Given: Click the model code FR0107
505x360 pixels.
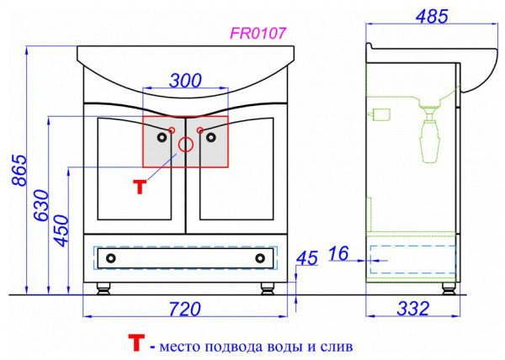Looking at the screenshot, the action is click(x=258, y=33).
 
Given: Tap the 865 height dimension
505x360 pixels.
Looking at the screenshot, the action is click(x=19, y=170).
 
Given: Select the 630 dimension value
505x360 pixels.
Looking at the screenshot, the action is click(x=41, y=205).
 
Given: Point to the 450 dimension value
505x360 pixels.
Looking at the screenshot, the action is click(x=61, y=230).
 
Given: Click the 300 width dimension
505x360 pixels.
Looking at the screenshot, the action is click(x=185, y=81).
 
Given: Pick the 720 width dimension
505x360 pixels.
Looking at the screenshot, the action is click(x=185, y=309).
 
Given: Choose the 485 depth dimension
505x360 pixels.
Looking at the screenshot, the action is click(x=432, y=17).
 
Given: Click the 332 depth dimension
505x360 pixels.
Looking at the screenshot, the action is click(x=413, y=309).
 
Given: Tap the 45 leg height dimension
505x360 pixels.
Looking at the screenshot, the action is click(x=307, y=258).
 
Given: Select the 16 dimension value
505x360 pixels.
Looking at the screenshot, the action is click(x=338, y=253).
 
